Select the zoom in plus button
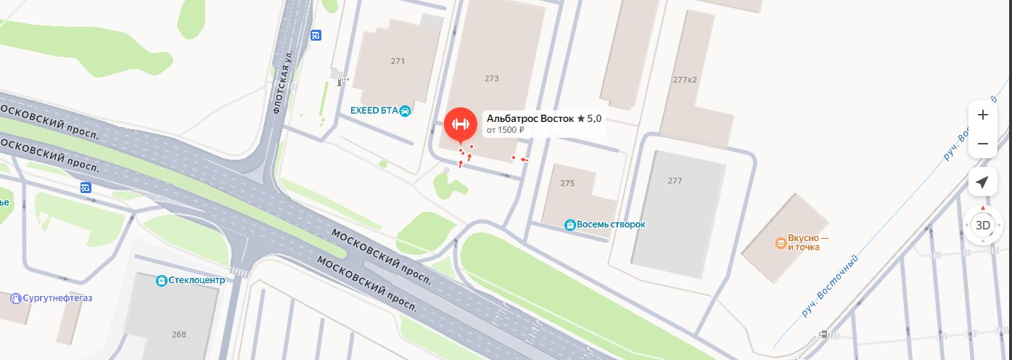[983, 115]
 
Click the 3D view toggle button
[983, 225]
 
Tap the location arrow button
[983, 181]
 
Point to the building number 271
[398, 61]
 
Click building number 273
[492, 78]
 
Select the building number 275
[567, 183]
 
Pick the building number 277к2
[685, 79]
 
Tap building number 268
[179, 335]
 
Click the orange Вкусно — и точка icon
[781, 242]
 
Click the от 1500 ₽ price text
[505, 131]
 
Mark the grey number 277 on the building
[675, 180]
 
